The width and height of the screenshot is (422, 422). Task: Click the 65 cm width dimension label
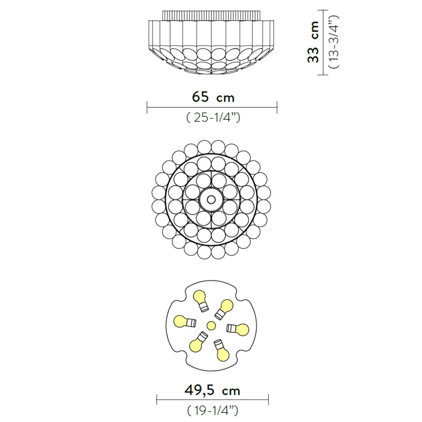(x=213, y=97)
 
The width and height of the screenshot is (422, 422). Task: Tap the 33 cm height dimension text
(x=313, y=42)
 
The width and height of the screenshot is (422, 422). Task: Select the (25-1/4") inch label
(x=213, y=118)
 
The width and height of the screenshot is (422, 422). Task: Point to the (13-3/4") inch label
(x=334, y=42)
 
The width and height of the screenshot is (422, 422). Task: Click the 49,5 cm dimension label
(x=212, y=390)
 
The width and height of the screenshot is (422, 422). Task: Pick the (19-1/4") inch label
(x=212, y=410)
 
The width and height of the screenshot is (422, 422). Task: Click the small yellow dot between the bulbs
(x=211, y=326)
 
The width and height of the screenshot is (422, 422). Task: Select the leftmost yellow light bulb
(x=185, y=321)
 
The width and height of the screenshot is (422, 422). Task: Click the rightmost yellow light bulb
(x=238, y=329)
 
